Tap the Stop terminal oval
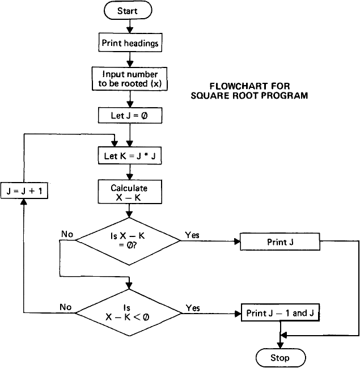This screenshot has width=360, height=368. pos(280,358)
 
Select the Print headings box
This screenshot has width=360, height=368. pos(130,43)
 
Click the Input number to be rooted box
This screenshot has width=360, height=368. pos(130,79)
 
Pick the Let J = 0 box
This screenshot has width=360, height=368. pos(130,116)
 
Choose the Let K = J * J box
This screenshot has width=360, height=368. pos(130,154)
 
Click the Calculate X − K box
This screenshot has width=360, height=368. pos(130,193)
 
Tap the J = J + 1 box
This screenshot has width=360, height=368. pos(25,191)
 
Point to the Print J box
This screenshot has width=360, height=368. pos(280,242)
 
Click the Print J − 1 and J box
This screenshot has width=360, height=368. pos(279,313)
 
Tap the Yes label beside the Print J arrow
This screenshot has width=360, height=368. pos(192,235)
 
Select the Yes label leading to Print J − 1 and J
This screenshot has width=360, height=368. pos(193,308)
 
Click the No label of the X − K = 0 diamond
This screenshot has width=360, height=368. pos(67,234)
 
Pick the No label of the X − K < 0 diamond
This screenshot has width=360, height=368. pos(66,307)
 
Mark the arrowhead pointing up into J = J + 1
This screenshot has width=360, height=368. pos(24,204)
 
